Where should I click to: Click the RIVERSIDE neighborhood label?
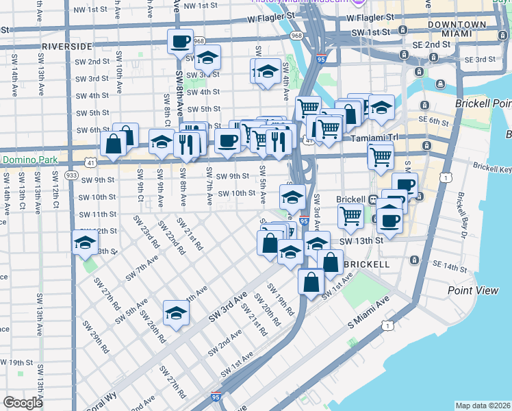click(66, 46)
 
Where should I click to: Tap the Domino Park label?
click(29, 160)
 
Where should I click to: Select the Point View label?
click(473, 290)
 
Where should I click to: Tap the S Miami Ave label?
click(368, 314)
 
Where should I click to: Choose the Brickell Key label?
click(493, 167)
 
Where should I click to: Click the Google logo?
click(23, 403)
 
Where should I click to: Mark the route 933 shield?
click(71, 175)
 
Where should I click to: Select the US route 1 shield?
click(446, 177)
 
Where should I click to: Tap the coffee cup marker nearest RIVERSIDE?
click(180, 42)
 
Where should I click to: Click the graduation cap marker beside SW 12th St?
click(85, 243)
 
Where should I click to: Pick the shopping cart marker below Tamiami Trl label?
click(380, 155)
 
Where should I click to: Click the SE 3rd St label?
click(479, 60)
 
